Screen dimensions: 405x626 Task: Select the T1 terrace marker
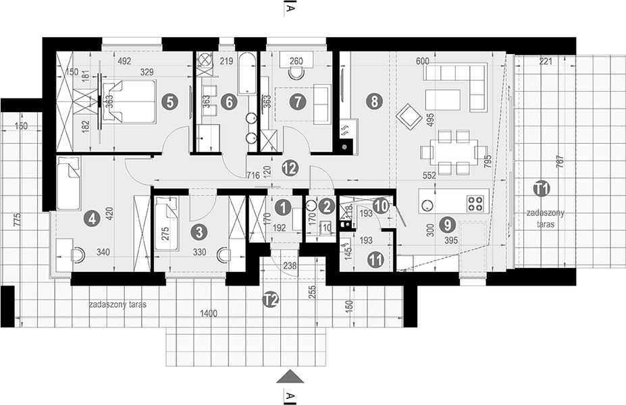coord(540,188)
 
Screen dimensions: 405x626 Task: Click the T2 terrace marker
coord(271,302)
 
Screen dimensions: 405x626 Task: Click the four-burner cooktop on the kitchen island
coord(476,200)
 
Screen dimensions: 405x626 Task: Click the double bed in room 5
coord(129,102)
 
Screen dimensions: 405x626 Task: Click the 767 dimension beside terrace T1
coord(558,165)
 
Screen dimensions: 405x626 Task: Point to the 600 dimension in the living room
coord(423,61)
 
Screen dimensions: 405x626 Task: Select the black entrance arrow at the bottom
coord(288,375)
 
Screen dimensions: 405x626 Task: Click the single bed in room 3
coord(167,223)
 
